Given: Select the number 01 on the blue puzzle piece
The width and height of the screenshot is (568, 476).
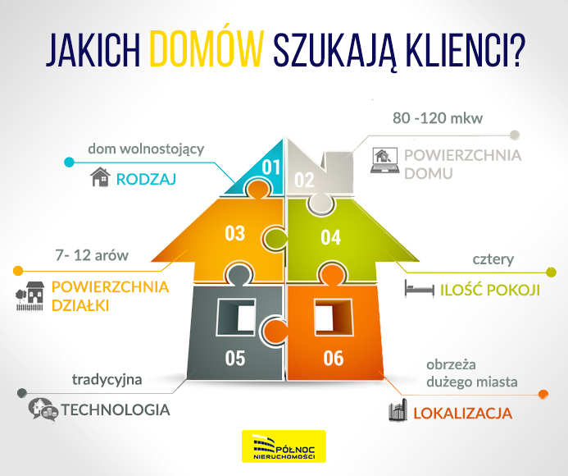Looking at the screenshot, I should pyautogui.click(x=271, y=167).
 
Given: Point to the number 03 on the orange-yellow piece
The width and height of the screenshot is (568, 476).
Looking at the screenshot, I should pyautogui.click(x=235, y=234).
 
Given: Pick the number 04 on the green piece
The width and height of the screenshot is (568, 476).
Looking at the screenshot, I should pyautogui.click(x=330, y=238).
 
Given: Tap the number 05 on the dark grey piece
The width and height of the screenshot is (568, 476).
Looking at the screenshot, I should pyautogui.click(x=235, y=359).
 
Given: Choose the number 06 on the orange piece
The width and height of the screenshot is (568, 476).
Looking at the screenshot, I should pyautogui.click(x=333, y=359).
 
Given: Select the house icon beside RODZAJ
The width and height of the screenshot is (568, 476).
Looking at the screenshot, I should pyautogui.click(x=100, y=176).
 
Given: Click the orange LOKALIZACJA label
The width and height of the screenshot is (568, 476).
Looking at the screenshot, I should pyautogui.click(x=463, y=413).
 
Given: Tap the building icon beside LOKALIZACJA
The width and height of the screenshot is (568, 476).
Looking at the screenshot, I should pyautogui.click(x=398, y=412).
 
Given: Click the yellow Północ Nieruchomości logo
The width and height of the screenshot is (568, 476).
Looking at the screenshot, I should pyautogui.click(x=284, y=446).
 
